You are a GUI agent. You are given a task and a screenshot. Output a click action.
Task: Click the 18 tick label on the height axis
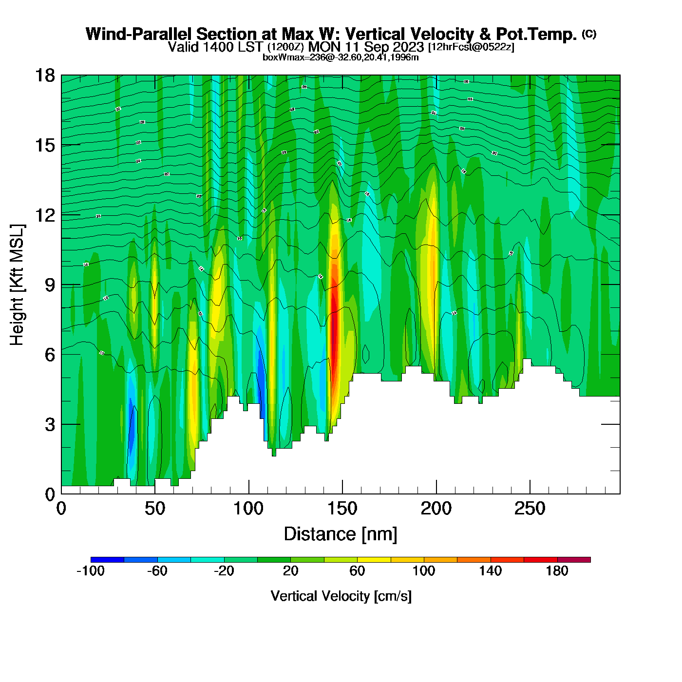coord(44,76)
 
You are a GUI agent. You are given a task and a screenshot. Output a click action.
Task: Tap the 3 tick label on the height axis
coord(50,425)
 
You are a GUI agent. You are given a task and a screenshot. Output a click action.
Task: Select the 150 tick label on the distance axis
coord(342,509)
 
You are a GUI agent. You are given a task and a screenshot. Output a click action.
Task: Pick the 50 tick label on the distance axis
coord(155,509)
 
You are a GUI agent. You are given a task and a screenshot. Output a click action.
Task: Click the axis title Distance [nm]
coord(341,534)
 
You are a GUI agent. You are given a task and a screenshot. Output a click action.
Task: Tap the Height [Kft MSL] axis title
coord(17,285)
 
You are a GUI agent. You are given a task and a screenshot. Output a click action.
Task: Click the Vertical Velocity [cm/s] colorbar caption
coord(341,596)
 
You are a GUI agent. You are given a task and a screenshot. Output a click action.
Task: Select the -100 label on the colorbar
coord(91,571)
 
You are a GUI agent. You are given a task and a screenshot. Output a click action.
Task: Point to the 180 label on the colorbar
coord(557,571)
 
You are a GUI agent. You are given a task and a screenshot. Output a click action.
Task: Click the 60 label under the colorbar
coord(357,571)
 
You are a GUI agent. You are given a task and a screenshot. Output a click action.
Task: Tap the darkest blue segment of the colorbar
coord(107,560)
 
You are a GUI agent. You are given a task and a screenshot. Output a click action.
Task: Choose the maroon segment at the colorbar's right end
coord(574,560)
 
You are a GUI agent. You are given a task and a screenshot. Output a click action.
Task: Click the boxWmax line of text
coord(341,57)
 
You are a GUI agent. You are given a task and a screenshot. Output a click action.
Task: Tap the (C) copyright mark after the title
coord(588,34)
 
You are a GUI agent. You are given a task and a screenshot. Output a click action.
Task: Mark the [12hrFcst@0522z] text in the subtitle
coord(471,47)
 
